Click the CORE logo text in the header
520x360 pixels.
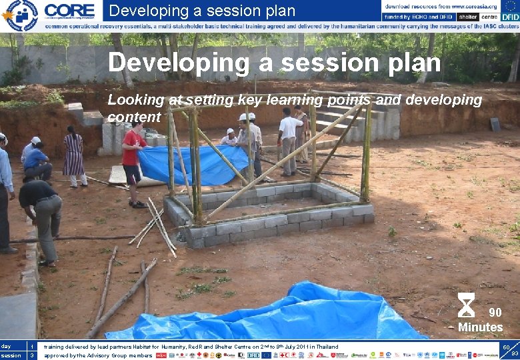(x=70, y=10)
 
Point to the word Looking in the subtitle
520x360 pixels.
(x=136, y=100)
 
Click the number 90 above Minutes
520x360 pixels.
(x=495, y=313)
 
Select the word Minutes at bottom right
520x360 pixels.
(x=480, y=327)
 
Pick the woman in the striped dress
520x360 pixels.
(x=73, y=156)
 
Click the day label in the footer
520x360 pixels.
(x=6, y=347)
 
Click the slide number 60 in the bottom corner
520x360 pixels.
(x=506, y=347)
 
